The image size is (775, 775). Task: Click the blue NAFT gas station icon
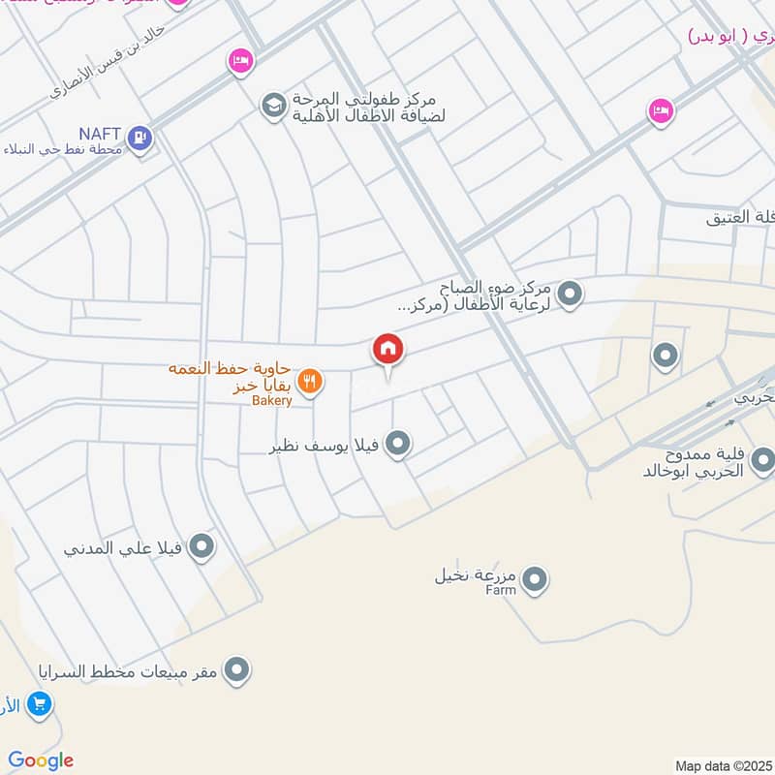point(141,139)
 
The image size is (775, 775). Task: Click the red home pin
point(388,349)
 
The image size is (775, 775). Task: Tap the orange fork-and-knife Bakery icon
point(310,382)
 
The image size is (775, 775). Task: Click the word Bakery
point(272,399)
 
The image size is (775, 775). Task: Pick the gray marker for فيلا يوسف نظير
point(397,445)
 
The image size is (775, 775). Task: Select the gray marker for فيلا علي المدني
point(201,547)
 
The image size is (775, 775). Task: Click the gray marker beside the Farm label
point(534,581)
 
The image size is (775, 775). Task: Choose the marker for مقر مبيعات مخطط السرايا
point(236,669)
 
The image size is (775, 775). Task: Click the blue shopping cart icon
point(40,702)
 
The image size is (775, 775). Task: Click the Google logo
point(41,760)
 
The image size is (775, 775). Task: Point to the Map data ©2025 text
point(722,765)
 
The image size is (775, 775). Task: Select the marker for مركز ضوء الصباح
point(571,293)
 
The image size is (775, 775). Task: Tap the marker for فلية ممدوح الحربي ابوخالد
point(762,460)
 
